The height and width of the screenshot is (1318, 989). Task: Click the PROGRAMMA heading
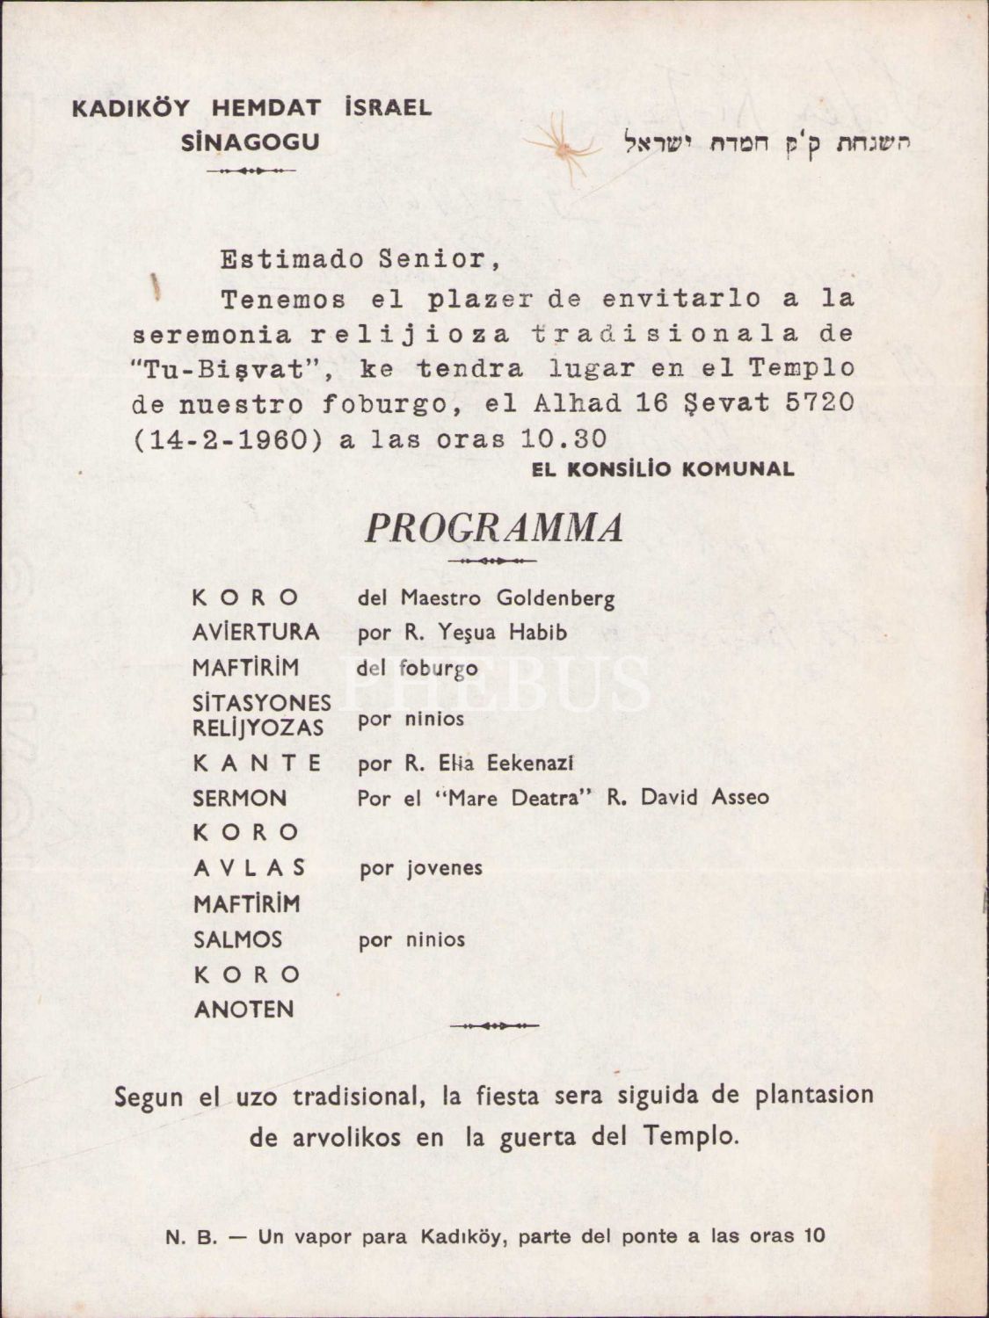(x=494, y=527)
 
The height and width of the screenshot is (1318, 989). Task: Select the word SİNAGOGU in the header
(x=251, y=142)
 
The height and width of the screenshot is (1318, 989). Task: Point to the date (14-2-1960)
(x=227, y=439)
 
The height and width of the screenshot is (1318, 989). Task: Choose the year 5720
(x=818, y=403)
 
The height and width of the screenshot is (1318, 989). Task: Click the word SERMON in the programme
(x=240, y=798)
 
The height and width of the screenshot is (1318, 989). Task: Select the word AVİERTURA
(x=255, y=633)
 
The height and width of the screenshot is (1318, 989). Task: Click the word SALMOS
(x=237, y=939)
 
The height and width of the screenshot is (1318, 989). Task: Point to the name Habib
(x=535, y=633)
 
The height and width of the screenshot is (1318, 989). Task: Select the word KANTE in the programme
(x=258, y=763)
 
